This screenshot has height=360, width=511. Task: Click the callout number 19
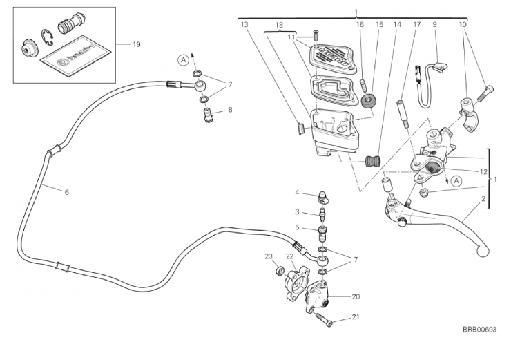[x=137, y=44]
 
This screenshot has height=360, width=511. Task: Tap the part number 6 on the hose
[x=67, y=191]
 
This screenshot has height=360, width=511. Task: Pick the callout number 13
[x=244, y=24]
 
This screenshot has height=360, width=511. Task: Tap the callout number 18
[x=280, y=24]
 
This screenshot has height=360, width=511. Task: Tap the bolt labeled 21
[x=322, y=319]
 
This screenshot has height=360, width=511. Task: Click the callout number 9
[x=435, y=24]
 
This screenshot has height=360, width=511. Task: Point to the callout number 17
[x=416, y=24]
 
